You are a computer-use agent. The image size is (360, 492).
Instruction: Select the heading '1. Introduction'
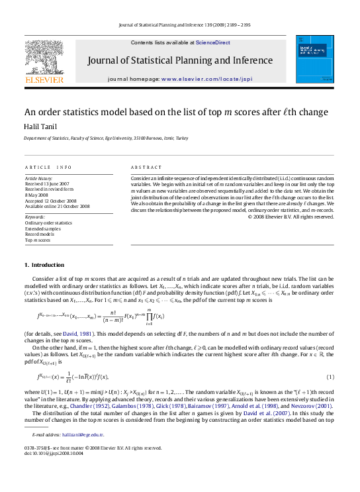(x=44, y=265)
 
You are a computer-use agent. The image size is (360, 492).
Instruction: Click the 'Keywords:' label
(x=34, y=217)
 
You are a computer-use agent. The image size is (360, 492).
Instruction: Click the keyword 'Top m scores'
(x=38, y=240)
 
